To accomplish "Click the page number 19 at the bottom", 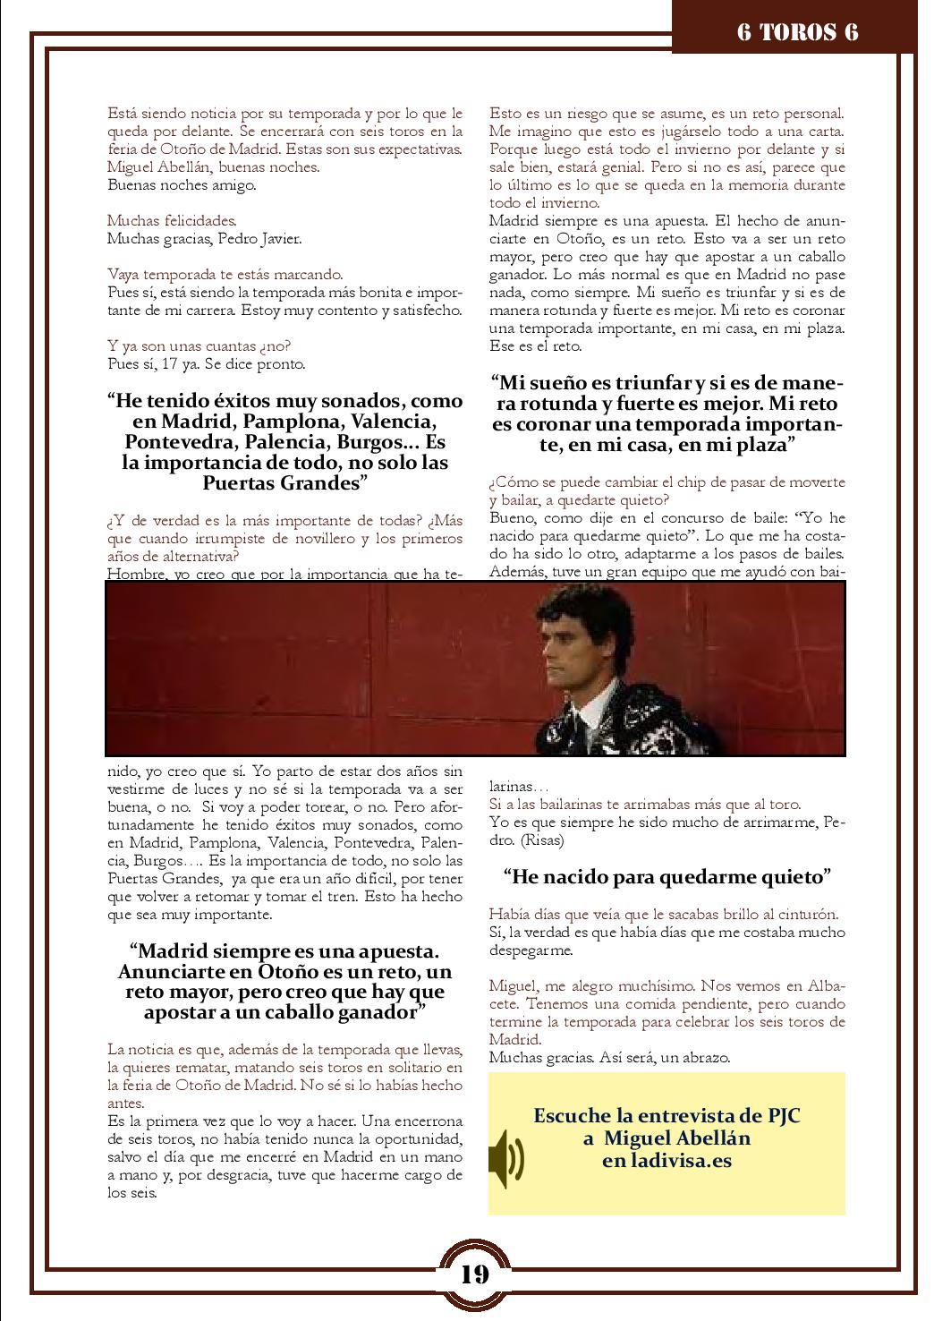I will [475, 1274].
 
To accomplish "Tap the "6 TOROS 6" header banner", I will [797, 32].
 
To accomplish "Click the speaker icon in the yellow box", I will [506, 1158].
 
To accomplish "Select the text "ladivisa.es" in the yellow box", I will [681, 1161].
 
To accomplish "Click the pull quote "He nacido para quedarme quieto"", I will [667, 877].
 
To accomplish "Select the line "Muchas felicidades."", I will [159, 220].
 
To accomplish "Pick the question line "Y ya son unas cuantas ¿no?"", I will [199, 346].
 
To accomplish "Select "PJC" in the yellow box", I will [784, 1116].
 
